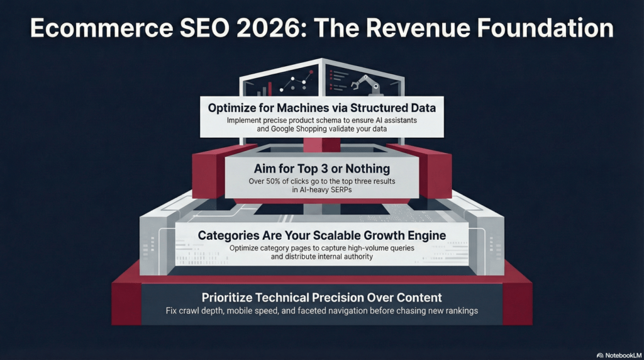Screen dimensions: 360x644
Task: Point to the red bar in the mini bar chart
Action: pyautogui.click(x=269, y=88)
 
